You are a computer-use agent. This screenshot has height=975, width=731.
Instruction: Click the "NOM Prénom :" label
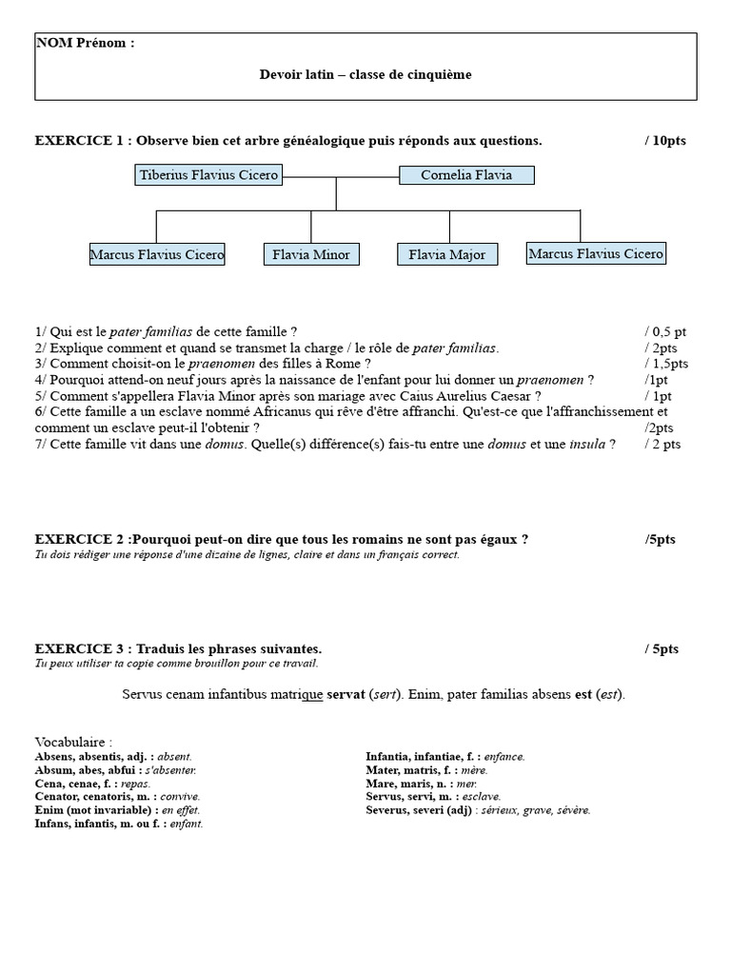pos(85,44)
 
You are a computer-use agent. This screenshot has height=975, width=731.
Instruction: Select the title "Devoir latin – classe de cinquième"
pos(365,74)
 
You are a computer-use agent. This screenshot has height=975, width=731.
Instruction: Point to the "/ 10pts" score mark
pos(664,141)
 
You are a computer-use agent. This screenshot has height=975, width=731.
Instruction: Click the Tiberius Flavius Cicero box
pos(208,175)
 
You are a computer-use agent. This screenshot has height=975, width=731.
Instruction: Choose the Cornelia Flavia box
pos(465,175)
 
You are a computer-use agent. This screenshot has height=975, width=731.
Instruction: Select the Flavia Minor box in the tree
pos(310,254)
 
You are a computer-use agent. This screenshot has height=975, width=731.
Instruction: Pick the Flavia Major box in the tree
pos(446,254)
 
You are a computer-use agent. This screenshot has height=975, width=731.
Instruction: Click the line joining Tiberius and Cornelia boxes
pos(340,176)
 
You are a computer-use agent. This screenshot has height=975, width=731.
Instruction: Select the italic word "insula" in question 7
pos(586,444)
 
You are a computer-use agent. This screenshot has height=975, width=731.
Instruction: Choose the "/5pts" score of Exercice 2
pos(661,539)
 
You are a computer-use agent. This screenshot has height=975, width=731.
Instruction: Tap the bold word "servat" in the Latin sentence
pos(346,694)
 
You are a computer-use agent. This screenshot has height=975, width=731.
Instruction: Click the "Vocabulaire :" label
pos(73,742)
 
